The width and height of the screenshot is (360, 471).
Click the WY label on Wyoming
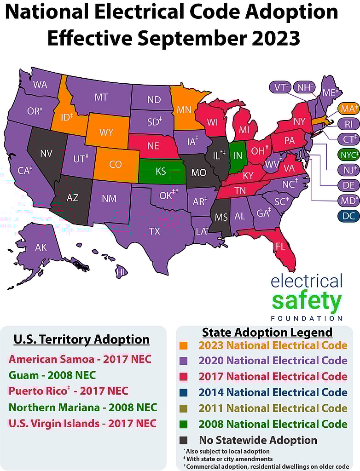106,132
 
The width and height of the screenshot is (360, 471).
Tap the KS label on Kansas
161,172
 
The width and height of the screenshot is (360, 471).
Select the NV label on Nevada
46,154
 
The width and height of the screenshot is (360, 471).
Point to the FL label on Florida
280,246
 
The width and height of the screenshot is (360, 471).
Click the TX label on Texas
154,231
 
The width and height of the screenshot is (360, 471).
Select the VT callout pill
281,87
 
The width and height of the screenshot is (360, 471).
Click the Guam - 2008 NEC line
52,375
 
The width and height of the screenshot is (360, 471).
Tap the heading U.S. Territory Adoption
81,340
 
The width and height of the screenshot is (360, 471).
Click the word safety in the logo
307,301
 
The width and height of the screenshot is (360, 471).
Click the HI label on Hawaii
121,272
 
